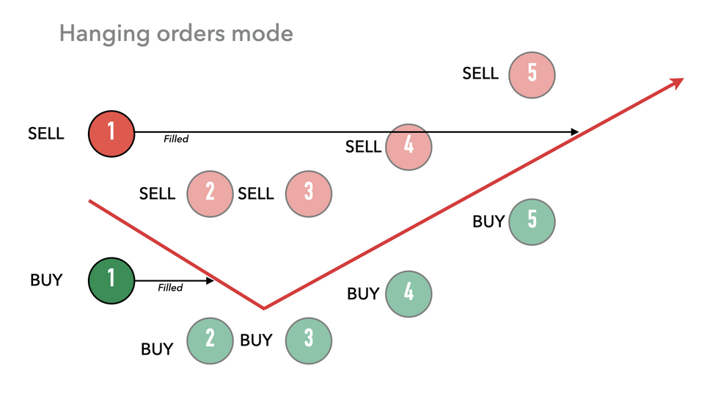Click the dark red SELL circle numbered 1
click(x=111, y=134)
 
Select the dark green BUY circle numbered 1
click(x=111, y=280)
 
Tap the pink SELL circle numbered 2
click(x=210, y=193)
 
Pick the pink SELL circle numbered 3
click(x=309, y=193)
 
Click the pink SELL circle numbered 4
click(x=408, y=147)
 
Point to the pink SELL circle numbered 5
click(x=532, y=73)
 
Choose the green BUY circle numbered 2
click(x=210, y=340)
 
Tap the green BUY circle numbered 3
click(x=309, y=340)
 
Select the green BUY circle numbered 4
click(x=408, y=293)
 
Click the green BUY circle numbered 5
click(x=532, y=221)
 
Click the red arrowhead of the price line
click(x=676, y=83)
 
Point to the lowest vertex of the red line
click(x=264, y=308)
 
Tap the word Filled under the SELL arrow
click(x=176, y=139)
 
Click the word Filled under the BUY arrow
click(x=170, y=288)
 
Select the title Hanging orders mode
click(x=176, y=34)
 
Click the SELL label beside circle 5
click(x=480, y=73)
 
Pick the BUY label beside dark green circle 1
click(x=46, y=280)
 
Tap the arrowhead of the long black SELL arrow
click(x=574, y=132)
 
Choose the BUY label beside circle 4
click(x=363, y=293)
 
